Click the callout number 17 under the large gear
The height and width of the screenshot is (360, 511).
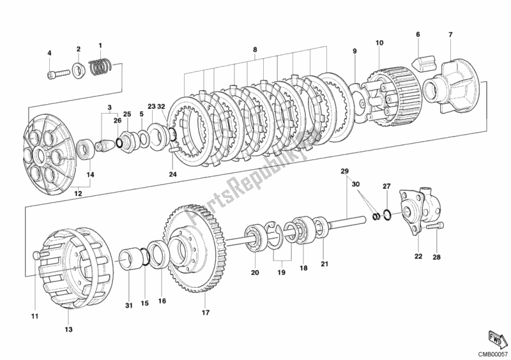(x=205, y=312)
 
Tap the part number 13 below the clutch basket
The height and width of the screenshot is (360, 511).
(x=68, y=329)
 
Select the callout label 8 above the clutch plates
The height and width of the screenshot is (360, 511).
(x=255, y=49)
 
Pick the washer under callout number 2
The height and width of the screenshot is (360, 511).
(x=79, y=68)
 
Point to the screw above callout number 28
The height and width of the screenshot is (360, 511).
(x=438, y=227)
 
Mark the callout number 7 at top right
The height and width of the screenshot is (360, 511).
(x=450, y=34)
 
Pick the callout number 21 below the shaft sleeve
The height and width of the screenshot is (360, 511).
(x=324, y=264)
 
